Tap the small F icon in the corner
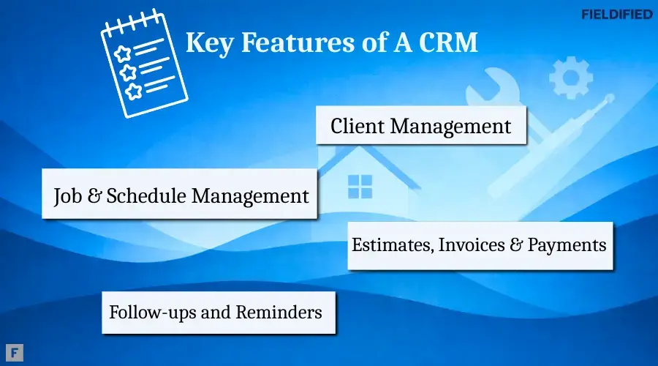click(14, 351)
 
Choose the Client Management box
click(421, 126)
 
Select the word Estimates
click(392, 245)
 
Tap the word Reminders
click(279, 313)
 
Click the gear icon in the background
click(570, 77)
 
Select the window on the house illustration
click(360, 187)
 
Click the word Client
click(358, 126)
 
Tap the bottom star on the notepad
click(134, 91)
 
